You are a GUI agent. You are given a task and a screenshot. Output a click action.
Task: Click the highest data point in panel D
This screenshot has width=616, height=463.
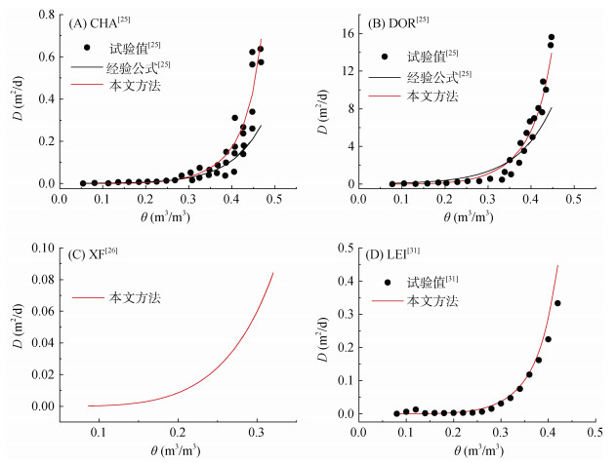point(557,303)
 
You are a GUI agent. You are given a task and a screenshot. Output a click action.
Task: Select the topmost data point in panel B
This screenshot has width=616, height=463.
point(551,37)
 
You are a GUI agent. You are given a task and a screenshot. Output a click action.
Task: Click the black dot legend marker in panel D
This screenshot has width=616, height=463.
point(388,282)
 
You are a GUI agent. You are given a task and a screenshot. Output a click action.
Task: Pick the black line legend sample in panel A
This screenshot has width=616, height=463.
point(87,65)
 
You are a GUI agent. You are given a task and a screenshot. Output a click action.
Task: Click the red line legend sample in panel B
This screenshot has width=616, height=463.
point(386,96)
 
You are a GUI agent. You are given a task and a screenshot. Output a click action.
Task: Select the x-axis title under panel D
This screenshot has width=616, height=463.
point(477,450)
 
